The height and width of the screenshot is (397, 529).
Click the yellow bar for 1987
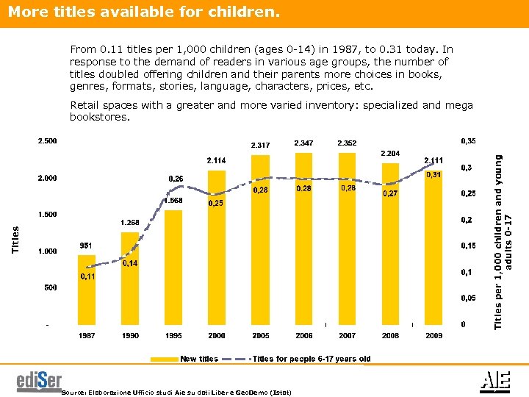click(87, 290)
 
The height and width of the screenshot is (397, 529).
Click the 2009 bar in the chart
click(433, 246)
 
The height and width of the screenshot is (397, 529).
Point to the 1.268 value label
click(130, 223)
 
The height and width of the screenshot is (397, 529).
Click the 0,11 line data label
click(87, 277)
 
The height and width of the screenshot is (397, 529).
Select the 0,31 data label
click(433, 175)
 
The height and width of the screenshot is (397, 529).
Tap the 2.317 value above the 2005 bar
click(261, 145)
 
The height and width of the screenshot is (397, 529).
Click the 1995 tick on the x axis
click(173, 335)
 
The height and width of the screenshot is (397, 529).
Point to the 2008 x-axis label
click(390, 335)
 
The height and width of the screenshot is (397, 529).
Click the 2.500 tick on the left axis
click(47, 141)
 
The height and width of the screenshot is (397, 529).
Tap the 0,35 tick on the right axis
click(468, 140)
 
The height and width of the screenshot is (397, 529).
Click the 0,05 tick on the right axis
click(468, 298)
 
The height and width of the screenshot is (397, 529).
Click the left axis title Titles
click(16, 240)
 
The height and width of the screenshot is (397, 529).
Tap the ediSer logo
click(39, 382)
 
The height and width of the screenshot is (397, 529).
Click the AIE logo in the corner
click(491, 380)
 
